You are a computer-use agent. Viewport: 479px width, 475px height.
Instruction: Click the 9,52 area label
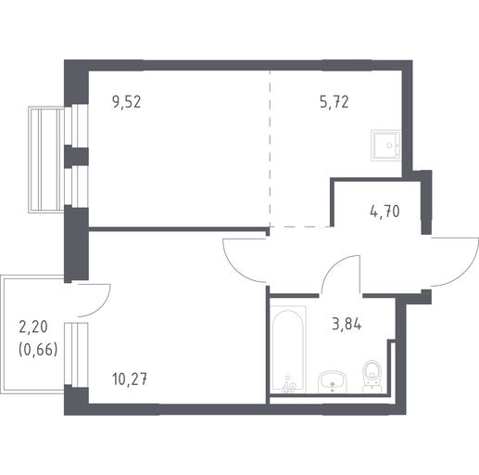coord(127,102)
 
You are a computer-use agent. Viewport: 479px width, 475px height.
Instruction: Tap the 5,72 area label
coord(334,102)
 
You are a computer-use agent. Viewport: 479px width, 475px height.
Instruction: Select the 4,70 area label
coord(384,212)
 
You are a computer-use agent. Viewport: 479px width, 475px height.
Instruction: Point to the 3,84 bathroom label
coord(347,324)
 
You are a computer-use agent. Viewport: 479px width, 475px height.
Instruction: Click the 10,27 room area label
coord(130,379)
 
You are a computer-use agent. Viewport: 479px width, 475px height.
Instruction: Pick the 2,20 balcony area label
coord(33,327)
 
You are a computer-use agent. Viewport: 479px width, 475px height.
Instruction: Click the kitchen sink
coord(385,146)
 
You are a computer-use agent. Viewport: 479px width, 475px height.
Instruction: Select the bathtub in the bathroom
coord(288,350)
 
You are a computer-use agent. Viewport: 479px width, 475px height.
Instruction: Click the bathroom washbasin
coord(333,382)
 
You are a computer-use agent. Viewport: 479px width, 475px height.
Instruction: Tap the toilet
coord(372,377)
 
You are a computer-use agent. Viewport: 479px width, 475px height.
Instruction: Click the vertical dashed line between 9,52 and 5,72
coord(270,148)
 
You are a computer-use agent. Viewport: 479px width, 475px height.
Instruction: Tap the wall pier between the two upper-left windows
coord(76,156)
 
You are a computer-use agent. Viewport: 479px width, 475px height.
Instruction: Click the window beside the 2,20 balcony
coord(76,354)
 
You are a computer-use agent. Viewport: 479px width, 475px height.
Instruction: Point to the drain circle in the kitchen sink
coord(389,145)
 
